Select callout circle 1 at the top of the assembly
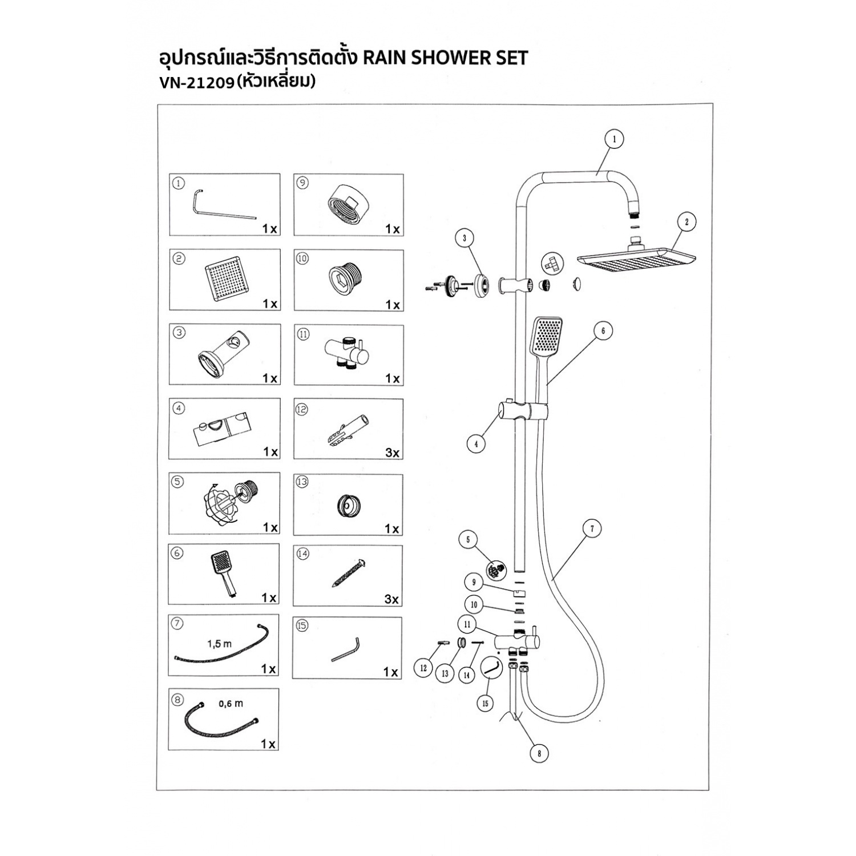[x=614, y=139]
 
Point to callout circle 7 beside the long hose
[x=592, y=529]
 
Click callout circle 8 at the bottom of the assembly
[x=539, y=753]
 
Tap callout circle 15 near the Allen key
[x=485, y=704]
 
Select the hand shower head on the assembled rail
[x=546, y=336]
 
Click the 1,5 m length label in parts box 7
[x=220, y=644]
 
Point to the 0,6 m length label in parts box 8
[x=231, y=704]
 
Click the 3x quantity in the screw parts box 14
[x=392, y=599]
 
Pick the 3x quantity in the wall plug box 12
[x=393, y=453]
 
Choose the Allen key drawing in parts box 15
[x=346, y=650]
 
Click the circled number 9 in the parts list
[x=302, y=183]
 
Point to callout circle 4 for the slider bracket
[x=476, y=443]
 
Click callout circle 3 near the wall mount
[x=465, y=238]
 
